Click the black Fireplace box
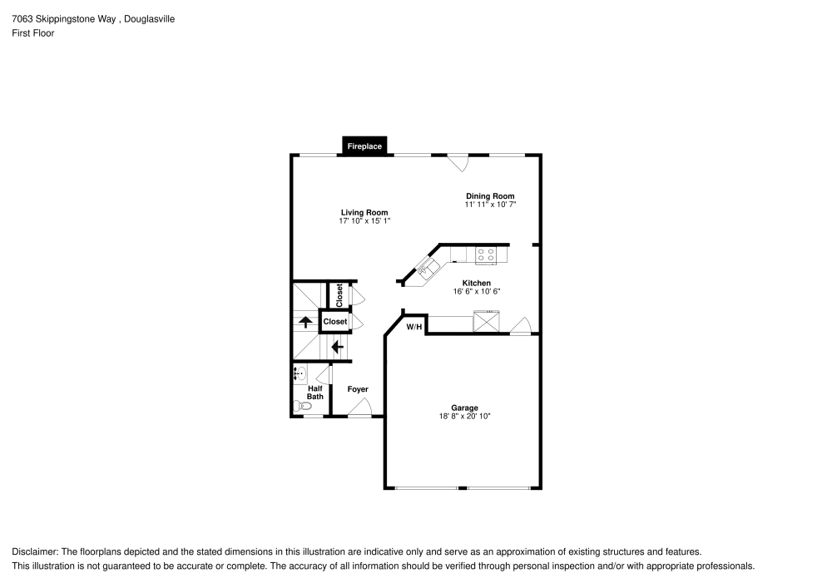click(364, 146)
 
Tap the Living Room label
click(364, 212)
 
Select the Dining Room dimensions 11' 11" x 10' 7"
click(490, 205)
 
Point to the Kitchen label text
click(477, 284)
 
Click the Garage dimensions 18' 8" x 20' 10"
click(464, 416)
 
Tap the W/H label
click(414, 327)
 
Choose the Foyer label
click(358, 389)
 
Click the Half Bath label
click(315, 393)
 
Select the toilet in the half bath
click(301, 406)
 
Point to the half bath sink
click(300, 374)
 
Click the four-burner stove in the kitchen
click(486, 255)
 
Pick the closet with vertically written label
click(339, 294)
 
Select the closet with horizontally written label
click(334, 321)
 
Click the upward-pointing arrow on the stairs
click(305, 322)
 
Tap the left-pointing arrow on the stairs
click(337, 347)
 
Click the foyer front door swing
click(359, 408)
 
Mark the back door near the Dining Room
click(458, 162)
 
